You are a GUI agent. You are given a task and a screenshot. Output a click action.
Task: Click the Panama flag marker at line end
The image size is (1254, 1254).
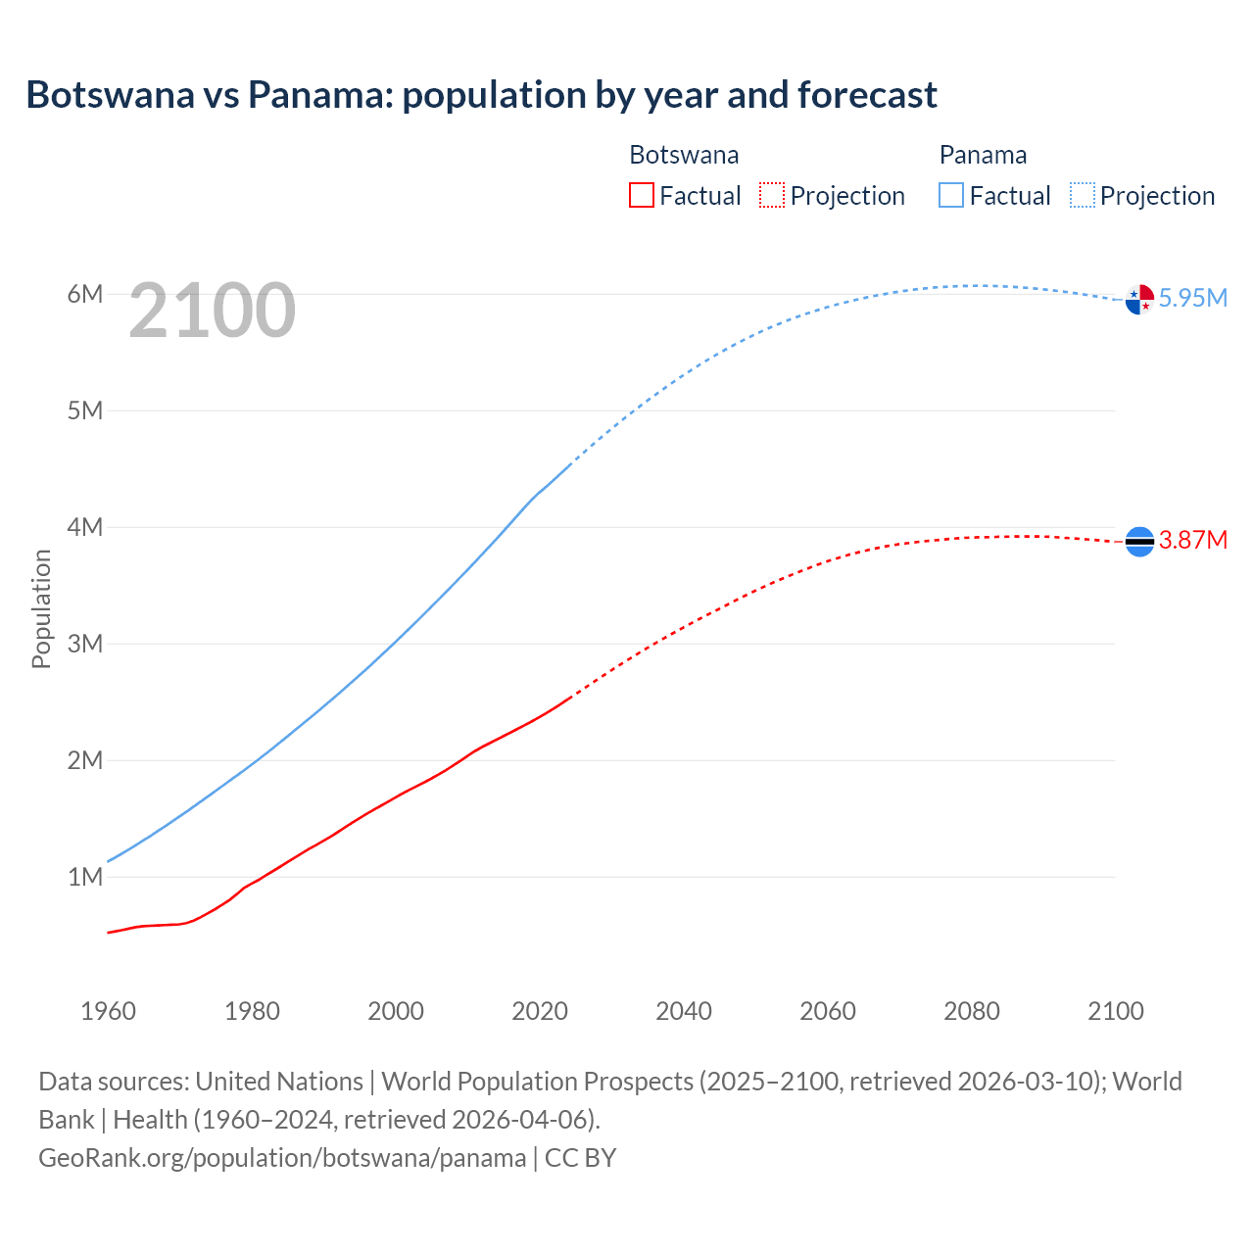(1139, 299)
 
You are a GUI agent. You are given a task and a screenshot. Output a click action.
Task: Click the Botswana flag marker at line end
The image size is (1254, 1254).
(1139, 541)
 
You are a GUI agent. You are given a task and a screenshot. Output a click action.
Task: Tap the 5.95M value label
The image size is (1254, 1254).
(1192, 298)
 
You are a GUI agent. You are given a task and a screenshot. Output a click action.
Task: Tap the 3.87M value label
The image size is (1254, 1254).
(1192, 540)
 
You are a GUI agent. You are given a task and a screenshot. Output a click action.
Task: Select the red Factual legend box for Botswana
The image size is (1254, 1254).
(641, 195)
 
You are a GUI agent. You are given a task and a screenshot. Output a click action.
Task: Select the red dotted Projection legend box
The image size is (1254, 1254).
(772, 195)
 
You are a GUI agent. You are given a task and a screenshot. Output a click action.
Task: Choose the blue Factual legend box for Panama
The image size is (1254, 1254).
(951, 195)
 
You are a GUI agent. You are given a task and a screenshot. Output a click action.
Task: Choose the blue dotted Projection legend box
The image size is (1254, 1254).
(1083, 195)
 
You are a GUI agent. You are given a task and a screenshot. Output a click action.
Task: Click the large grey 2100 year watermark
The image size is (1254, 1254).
(212, 311)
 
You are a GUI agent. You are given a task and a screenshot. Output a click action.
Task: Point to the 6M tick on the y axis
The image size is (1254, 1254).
(85, 294)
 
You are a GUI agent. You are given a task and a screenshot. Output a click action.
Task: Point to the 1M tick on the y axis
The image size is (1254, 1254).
(85, 877)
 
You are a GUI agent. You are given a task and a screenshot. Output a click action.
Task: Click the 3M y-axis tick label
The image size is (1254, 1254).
(85, 644)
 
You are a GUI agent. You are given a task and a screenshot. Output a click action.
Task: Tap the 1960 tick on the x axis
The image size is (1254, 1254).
(108, 1011)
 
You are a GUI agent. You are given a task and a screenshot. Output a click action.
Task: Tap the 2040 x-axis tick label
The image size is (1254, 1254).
(684, 1011)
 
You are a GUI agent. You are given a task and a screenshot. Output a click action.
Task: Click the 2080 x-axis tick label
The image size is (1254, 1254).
(972, 1011)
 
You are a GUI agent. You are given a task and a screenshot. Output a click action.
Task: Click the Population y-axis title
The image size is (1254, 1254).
(41, 608)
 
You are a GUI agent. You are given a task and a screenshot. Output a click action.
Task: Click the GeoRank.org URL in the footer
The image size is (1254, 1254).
(282, 1158)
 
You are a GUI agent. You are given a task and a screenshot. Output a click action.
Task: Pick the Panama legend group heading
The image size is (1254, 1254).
(983, 155)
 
